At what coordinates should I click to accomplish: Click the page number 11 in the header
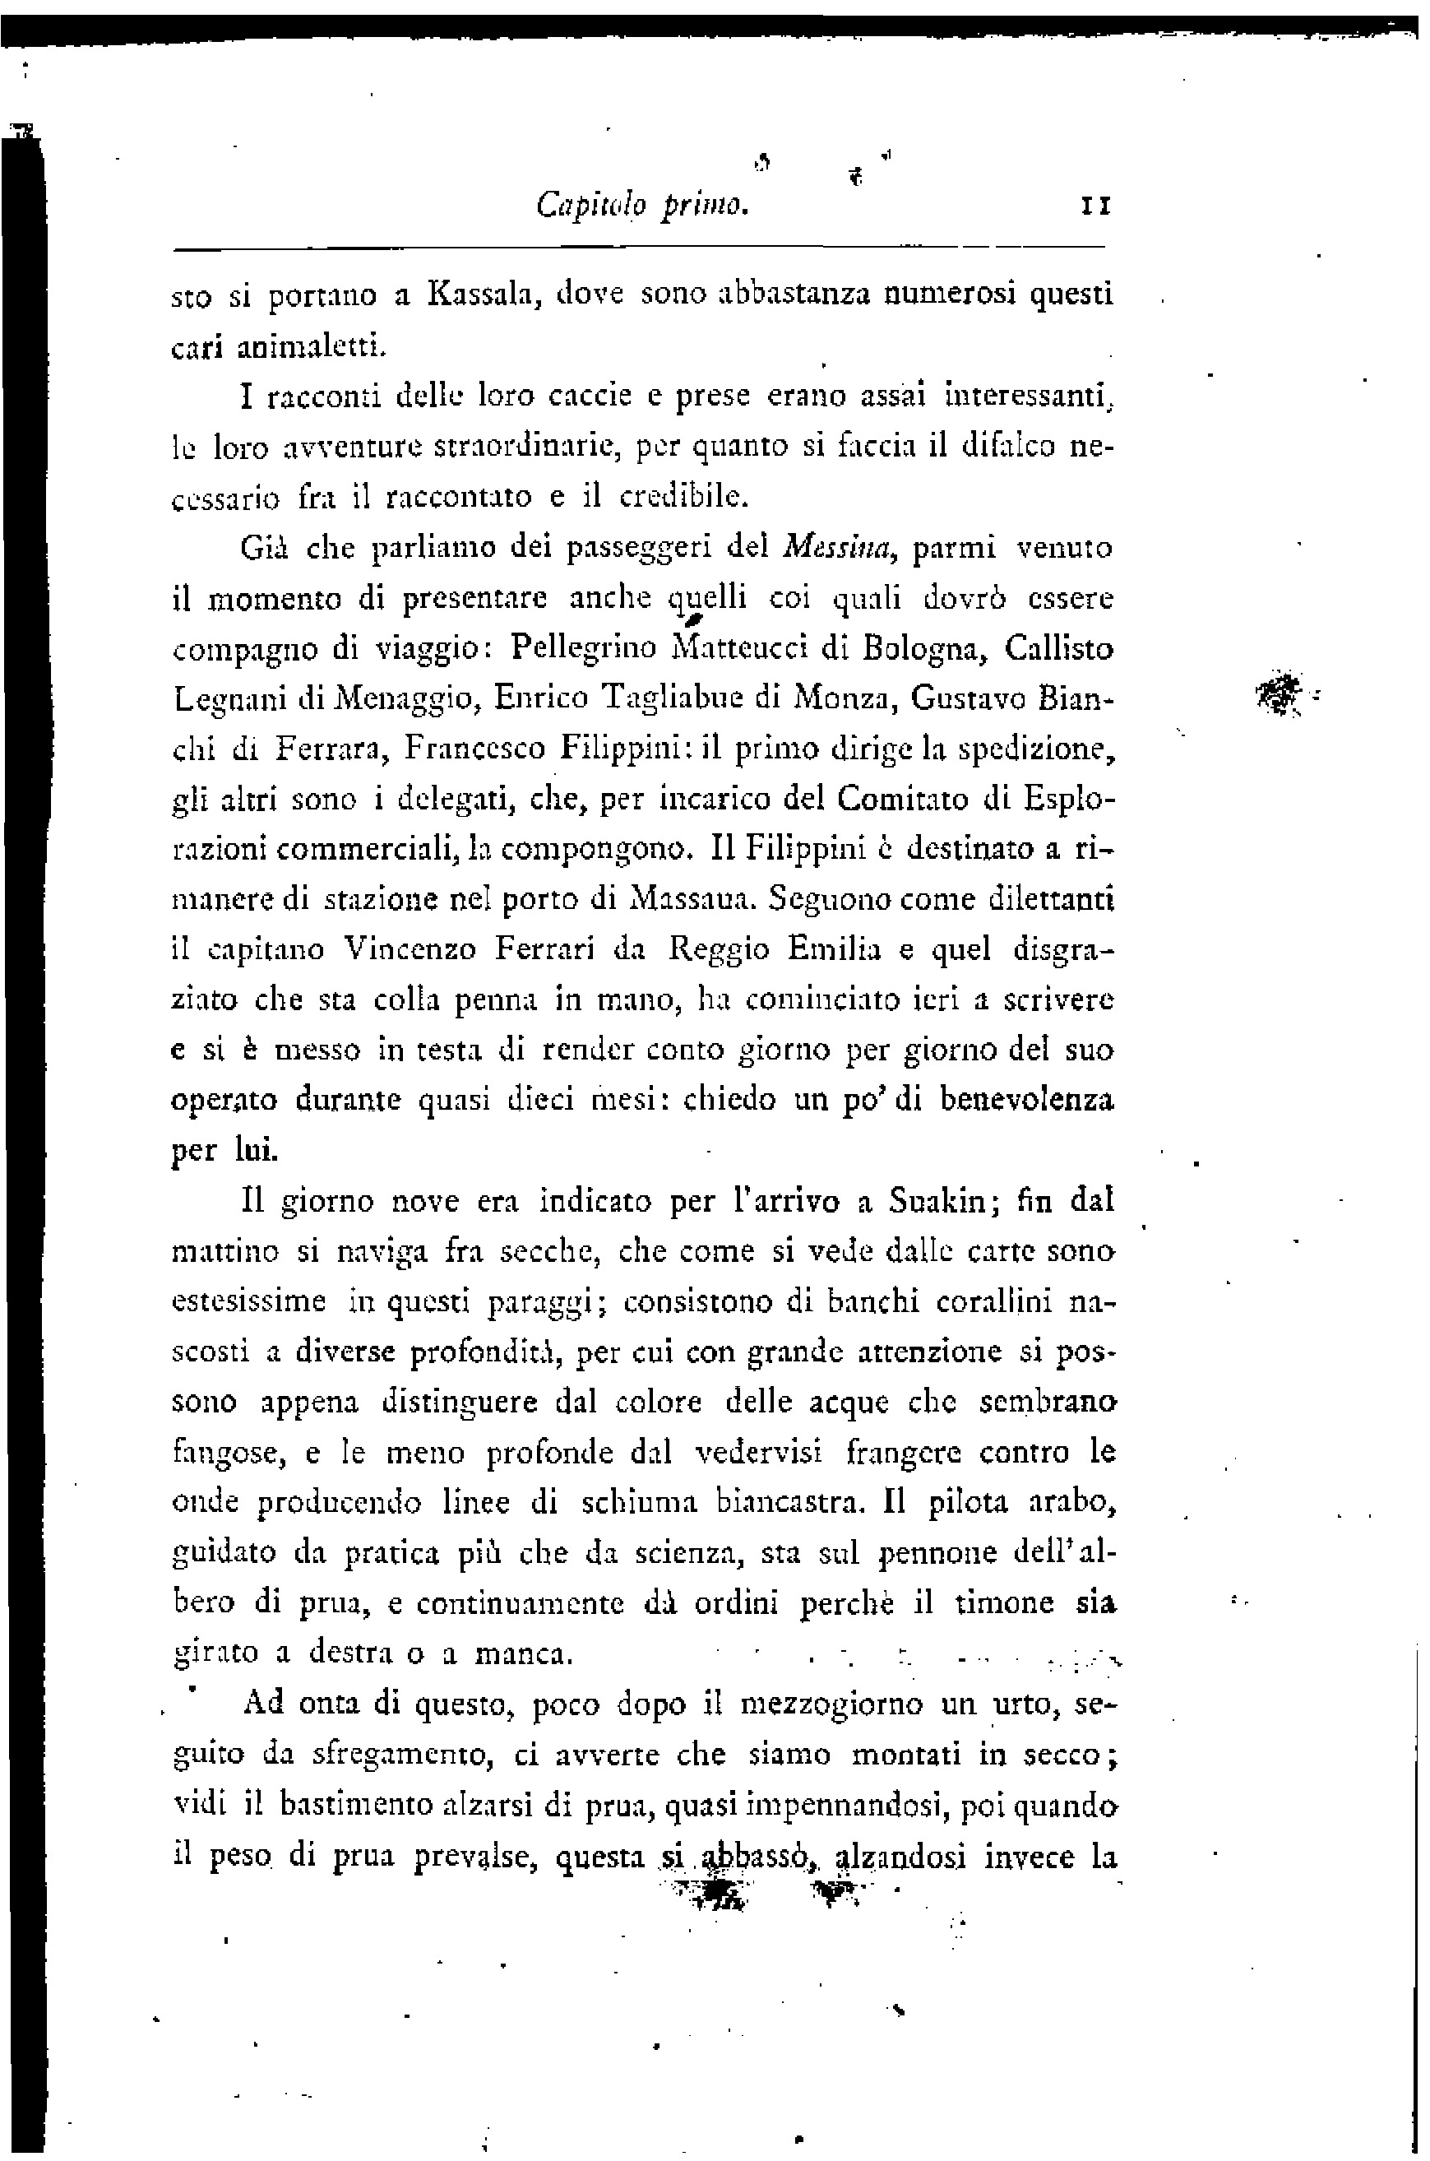[x=1094, y=207]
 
